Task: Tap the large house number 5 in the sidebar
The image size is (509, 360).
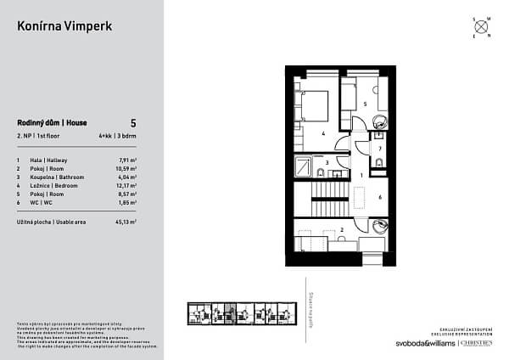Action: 133,123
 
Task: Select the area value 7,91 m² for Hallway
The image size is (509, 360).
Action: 127,160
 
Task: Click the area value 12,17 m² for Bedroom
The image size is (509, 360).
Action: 126,184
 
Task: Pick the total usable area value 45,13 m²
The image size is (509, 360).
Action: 126,221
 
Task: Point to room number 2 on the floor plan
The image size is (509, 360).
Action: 341,229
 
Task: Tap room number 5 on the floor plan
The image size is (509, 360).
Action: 365,104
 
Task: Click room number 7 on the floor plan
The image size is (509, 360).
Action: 380,149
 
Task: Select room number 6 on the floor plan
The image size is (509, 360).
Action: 379,196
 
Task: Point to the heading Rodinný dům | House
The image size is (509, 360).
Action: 53,123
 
